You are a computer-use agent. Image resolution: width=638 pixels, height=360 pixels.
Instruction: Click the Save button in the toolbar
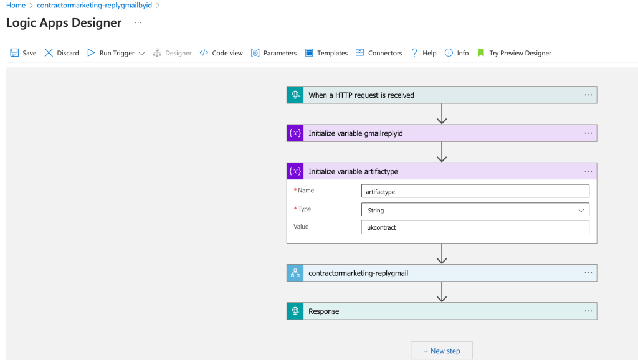coord(23,53)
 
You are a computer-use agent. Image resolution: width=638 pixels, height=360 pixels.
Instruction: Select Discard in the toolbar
coord(62,53)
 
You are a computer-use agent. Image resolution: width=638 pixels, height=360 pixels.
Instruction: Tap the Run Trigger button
coord(116,53)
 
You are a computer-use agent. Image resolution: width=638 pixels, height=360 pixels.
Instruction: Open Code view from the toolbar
coord(221,53)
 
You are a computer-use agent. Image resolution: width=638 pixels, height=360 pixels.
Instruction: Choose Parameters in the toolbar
coord(274,53)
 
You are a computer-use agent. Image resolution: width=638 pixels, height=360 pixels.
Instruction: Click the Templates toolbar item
coord(326,53)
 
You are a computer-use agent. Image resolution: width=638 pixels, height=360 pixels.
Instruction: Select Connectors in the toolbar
coord(378,53)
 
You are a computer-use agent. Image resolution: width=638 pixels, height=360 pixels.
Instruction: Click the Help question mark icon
coord(414,52)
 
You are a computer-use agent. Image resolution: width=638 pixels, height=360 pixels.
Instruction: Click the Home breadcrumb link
coord(16,5)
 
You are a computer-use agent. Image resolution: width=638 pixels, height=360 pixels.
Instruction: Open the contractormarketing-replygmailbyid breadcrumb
coord(95,5)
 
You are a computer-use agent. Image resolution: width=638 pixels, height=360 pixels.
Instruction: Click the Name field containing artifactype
coord(475,191)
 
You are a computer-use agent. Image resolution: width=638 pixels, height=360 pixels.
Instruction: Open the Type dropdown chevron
coord(581,210)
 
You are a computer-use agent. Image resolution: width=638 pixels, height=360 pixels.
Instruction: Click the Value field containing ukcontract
coord(475,227)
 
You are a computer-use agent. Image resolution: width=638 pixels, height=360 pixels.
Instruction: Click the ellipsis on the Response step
coord(588,311)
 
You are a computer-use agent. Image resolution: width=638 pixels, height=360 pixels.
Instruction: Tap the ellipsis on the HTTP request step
coord(588,95)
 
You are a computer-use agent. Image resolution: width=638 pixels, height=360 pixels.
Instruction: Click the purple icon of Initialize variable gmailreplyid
coord(295,133)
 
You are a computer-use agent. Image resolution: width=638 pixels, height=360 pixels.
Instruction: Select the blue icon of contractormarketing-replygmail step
coord(295,273)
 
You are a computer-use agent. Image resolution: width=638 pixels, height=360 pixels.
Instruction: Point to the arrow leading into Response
coord(442,291)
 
